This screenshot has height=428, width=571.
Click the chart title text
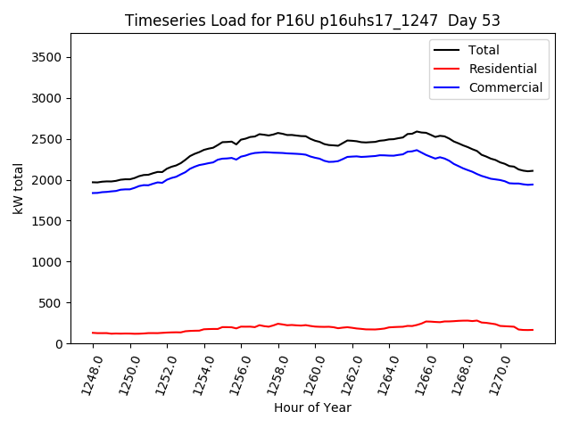[x=312, y=20]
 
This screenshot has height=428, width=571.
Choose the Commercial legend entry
[x=505, y=87]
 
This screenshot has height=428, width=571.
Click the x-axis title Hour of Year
[x=312, y=407]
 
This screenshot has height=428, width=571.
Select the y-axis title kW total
[x=19, y=189]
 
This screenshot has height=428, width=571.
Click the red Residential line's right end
[x=533, y=330]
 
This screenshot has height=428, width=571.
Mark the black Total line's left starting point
[x=93, y=182]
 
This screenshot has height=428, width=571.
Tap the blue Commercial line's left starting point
[x=93, y=193]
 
